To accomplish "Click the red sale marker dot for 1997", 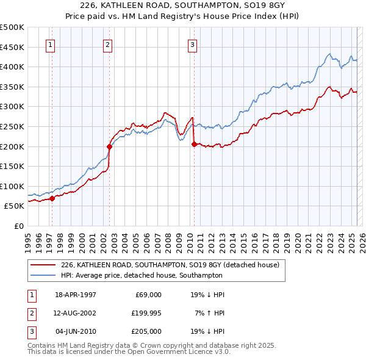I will (52, 198).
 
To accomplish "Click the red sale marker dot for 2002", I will (110, 146).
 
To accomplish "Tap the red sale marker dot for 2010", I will (194, 144).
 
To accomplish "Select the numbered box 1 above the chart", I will (49, 44).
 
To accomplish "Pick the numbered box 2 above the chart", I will (107, 44).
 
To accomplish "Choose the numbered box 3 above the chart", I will (192, 44).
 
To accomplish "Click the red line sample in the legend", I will (43, 265).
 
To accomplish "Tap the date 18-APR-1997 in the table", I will (76, 295).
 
